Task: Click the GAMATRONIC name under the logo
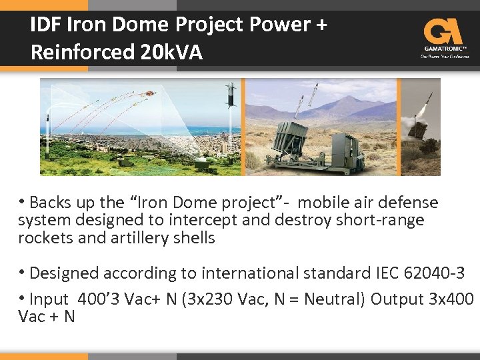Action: point(444,49)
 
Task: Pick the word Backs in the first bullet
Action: point(50,203)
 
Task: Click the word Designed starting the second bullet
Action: point(67,273)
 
